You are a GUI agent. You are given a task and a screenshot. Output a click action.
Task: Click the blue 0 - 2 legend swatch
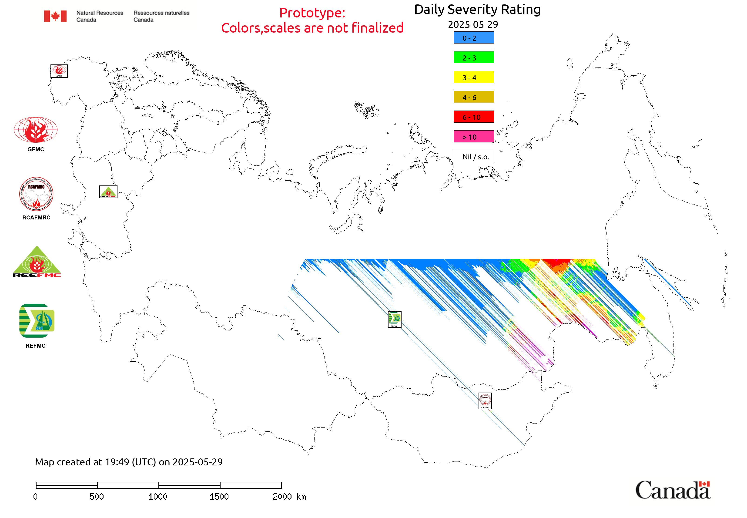click(473, 38)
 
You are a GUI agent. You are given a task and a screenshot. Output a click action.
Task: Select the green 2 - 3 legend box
click(473, 57)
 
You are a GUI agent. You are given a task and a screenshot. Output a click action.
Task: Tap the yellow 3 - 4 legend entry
click(473, 77)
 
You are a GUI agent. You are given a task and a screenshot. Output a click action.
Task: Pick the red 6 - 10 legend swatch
click(473, 117)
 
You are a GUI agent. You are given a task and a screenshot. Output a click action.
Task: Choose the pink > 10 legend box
click(473, 137)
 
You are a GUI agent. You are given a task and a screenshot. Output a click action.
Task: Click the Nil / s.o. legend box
click(473, 156)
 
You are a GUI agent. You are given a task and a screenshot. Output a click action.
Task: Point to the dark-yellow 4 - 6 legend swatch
click(473, 97)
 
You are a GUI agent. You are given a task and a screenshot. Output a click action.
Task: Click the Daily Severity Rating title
click(477, 10)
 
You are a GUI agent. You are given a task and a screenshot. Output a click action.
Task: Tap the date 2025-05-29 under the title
click(473, 25)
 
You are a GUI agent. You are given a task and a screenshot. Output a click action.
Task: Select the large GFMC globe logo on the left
click(36, 130)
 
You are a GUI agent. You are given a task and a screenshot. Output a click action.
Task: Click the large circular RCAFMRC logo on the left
click(36, 194)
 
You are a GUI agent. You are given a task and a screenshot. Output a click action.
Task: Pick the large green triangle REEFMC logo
click(37, 262)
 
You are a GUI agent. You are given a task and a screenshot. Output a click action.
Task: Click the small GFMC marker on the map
click(59, 71)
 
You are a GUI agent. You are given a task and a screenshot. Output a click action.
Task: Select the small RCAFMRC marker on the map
click(485, 401)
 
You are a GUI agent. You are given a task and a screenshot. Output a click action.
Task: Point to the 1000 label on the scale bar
click(158, 497)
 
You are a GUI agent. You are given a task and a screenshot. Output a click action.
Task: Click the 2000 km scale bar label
click(289, 497)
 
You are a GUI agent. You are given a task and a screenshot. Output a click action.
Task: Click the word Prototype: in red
click(312, 13)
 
